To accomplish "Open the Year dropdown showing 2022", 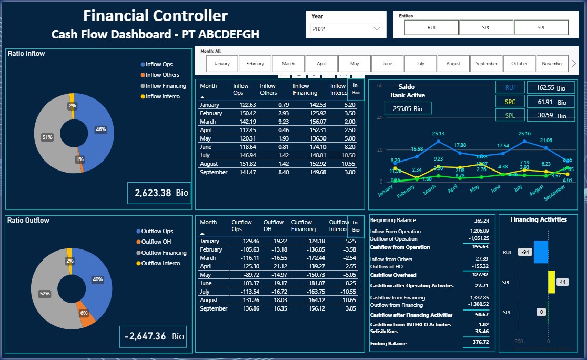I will (x=346, y=29).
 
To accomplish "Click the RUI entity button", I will (x=431, y=27).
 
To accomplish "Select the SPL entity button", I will (x=541, y=27).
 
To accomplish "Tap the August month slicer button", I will (x=453, y=64).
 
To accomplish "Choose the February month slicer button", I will (x=255, y=64).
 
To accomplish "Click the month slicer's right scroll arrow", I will (x=574, y=64).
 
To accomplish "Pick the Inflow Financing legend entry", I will (x=166, y=86).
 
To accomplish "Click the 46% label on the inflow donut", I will (x=100, y=129).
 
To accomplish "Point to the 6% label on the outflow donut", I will (x=84, y=313).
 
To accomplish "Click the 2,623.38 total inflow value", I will (x=153, y=193).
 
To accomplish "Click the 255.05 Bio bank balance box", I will (x=408, y=108).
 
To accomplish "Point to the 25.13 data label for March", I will (x=438, y=134).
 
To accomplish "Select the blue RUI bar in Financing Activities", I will (x=541, y=252).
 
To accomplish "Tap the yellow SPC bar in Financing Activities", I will (x=551, y=282).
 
